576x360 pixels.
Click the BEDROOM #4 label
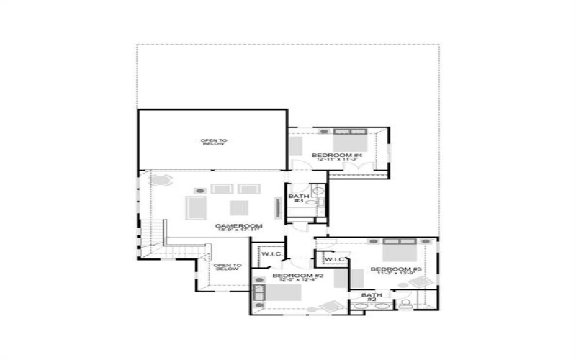click(336, 155)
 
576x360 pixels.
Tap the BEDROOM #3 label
click(396, 269)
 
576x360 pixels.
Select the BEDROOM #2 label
click(297, 275)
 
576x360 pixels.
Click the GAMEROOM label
click(239, 225)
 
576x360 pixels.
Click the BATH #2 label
click(372, 297)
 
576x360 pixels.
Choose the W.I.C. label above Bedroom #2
click(271, 253)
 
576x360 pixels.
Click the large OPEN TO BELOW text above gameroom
click(214, 142)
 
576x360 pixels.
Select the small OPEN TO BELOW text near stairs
click(226, 266)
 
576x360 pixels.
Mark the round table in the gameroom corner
click(163, 179)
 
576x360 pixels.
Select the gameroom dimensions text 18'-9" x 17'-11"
click(239, 231)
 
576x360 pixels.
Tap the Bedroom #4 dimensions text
click(336, 160)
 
